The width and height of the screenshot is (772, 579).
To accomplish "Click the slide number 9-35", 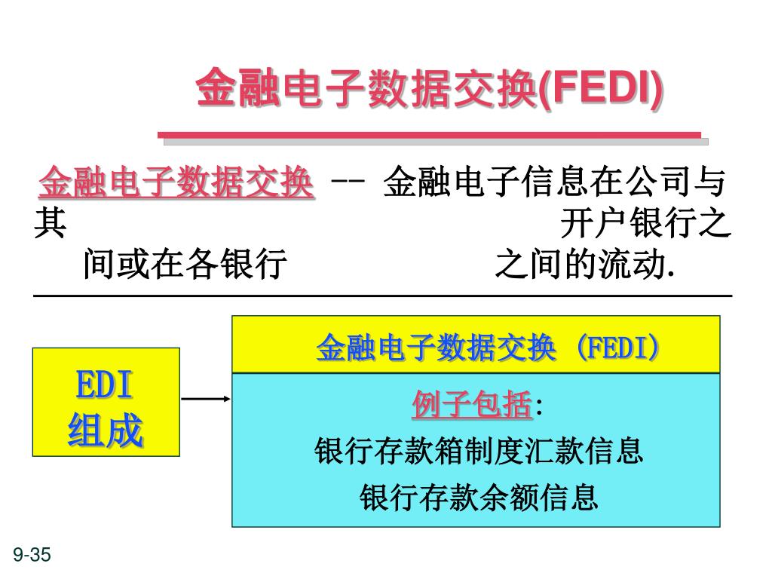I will coord(31,556).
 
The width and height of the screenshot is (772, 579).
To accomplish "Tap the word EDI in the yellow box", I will coord(105,385).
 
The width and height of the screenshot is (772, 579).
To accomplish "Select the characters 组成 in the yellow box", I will coord(105,431).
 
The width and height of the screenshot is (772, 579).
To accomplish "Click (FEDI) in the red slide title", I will coord(601,89).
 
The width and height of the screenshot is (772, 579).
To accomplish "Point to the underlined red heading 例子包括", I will coord(472,406).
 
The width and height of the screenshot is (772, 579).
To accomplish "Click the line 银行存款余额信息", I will coord(479,497).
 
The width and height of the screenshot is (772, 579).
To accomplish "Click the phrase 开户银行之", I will coord(645,224).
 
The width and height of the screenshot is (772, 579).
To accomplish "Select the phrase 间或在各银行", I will coord(185,265).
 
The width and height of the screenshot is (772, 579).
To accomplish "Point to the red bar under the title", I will coord(429,135).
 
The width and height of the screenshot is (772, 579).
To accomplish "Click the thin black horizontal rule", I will coord(383,296).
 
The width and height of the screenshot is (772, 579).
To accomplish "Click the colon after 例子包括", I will coord(539,408).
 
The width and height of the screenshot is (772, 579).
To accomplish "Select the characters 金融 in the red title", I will coord(228,89).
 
